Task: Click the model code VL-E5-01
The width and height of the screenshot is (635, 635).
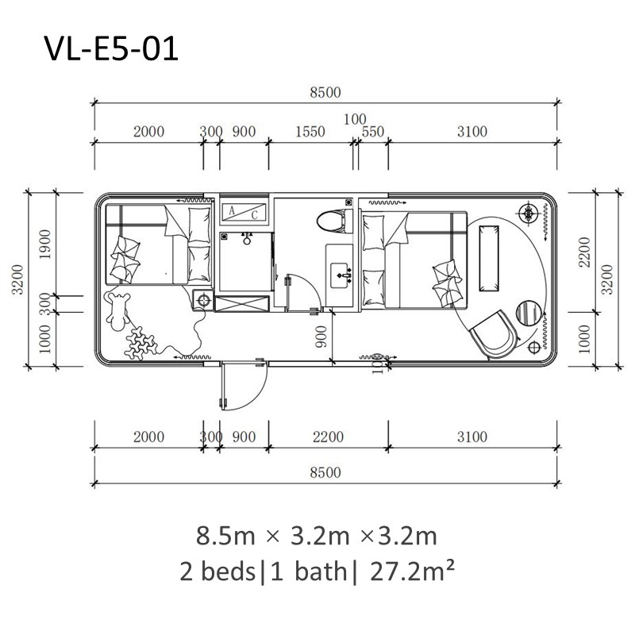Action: (111, 49)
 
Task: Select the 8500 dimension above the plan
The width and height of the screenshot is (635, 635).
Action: (325, 92)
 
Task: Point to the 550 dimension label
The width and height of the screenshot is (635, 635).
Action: (372, 132)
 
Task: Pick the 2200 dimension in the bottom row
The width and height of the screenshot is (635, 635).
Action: (328, 437)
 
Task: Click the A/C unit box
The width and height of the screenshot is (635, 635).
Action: (243, 212)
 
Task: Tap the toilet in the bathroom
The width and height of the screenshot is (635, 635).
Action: (331, 221)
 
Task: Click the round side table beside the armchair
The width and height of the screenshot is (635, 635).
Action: (529, 313)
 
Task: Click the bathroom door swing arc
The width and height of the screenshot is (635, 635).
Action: (300, 291)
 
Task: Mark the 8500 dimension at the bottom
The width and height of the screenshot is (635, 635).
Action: (325, 472)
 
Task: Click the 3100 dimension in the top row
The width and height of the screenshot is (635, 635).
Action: (471, 132)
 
